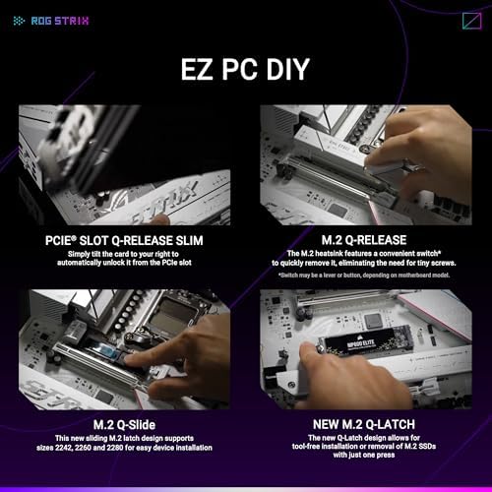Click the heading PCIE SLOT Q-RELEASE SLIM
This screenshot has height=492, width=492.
tap(122, 239)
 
